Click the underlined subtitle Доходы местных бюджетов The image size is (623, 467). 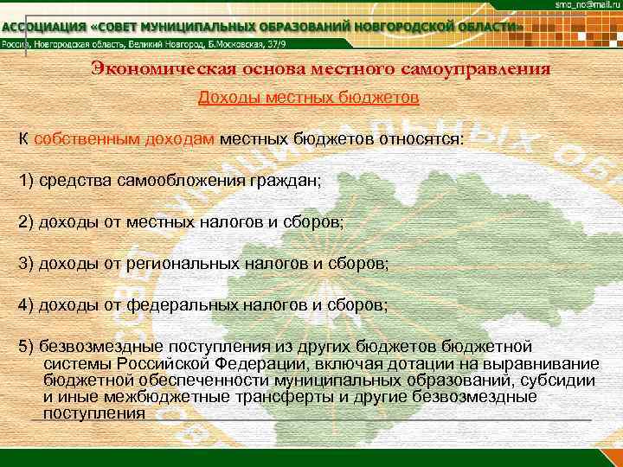[x=309, y=98]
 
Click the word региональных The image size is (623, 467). [x=177, y=263]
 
